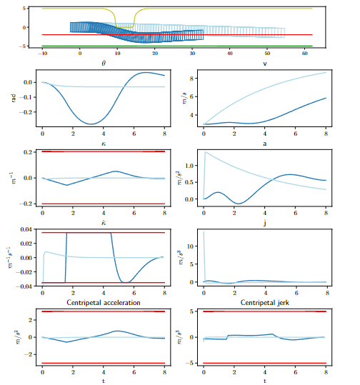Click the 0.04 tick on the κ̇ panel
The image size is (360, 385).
26,229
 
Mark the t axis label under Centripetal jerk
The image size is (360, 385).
265,381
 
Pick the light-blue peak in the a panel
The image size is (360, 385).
206,152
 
